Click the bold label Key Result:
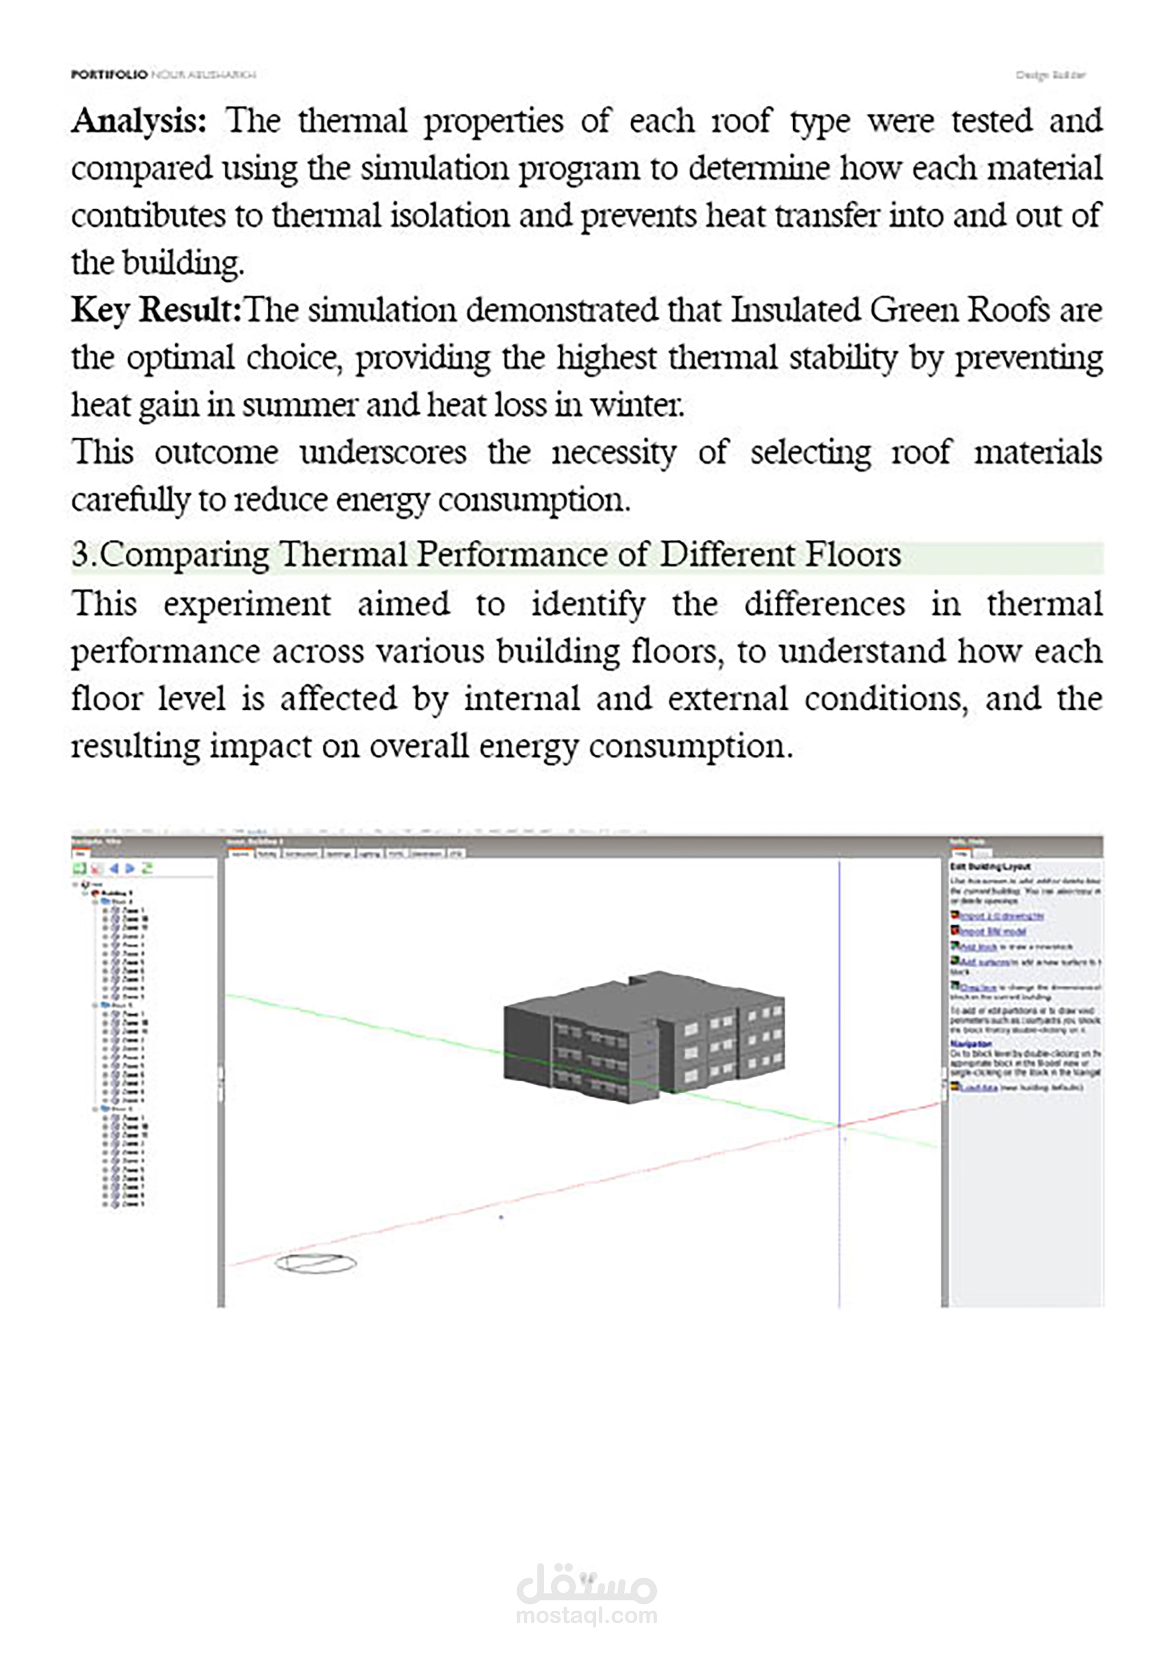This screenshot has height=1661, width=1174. (x=155, y=310)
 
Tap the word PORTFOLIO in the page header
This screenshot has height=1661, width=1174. (x=108, y=74)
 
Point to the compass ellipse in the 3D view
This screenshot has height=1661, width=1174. (x=315, y=1263)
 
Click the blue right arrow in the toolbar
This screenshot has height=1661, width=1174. (x=130, y=868)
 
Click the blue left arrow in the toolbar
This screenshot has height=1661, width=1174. (x=114, y=868)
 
